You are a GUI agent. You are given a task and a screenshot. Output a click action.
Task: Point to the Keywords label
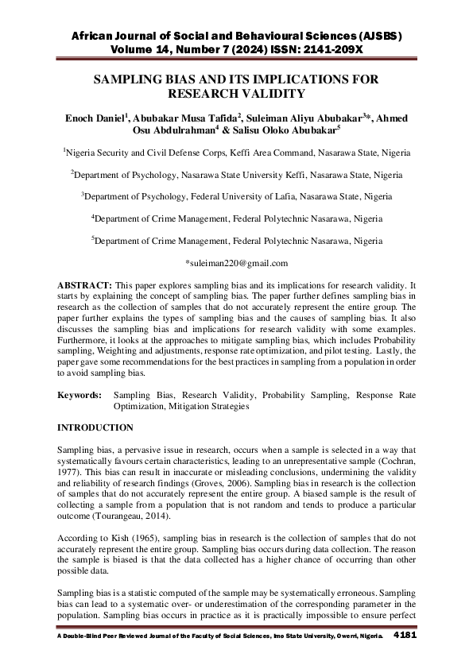pyautogui.click(x=80, y=394)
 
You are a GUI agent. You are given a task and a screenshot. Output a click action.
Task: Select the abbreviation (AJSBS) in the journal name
pyautogui.click(x=372, y=37)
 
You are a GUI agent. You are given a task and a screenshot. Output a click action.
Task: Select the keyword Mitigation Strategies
pyautogui.click(x=205, y=405)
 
